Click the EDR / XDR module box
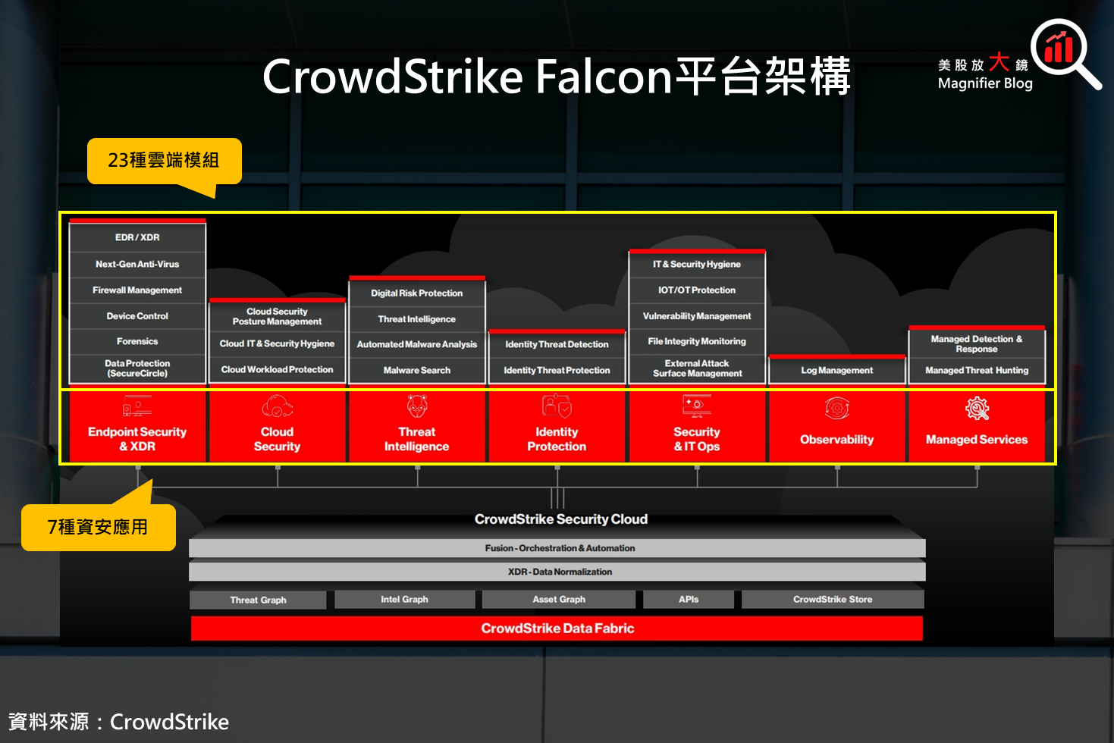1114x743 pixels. [137, 237]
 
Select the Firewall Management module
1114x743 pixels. [137, 290]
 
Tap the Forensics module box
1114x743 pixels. [137, 342]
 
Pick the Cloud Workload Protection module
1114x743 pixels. [277, 370]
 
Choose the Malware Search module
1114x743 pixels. [416, 371]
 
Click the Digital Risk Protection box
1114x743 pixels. [416, 293]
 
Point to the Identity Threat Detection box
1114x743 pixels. [557, 344]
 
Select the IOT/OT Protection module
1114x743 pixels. [697, 290]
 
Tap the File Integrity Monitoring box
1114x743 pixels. [697, 342]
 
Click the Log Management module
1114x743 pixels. [836, 371]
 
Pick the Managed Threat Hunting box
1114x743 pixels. [977, 371]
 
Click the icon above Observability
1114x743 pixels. [836, 409]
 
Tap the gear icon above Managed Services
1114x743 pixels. [977, 409]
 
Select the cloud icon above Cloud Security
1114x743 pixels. [277, 407]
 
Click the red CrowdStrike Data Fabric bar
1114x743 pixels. [557, 629]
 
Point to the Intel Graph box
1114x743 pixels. [404, 600]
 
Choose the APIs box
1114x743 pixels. [689, 600]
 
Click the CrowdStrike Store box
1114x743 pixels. [833, 600]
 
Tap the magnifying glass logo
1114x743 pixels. [1063, 53]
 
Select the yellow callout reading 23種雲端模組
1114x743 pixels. [164, 161]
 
